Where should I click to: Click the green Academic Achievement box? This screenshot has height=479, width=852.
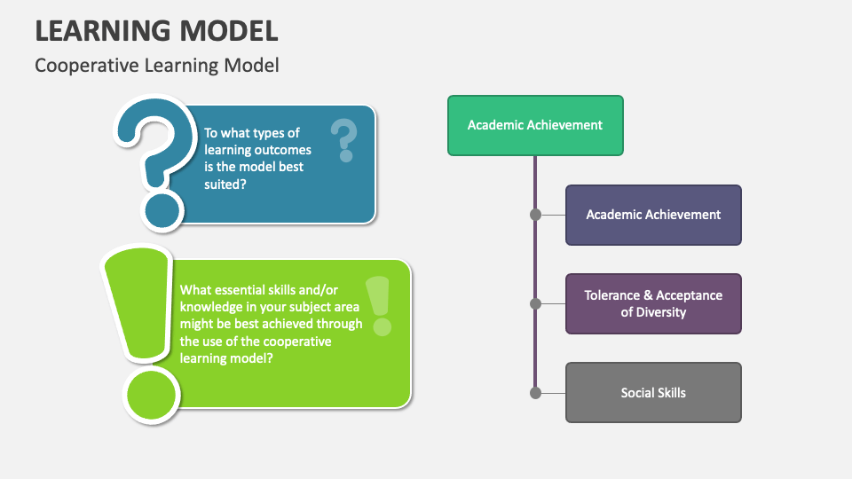(x=535, y=125)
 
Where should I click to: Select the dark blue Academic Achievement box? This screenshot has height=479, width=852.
(x=653, y=215)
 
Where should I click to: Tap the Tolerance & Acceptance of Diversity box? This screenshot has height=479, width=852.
(x=653, y=303)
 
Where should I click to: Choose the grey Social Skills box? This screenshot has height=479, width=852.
(x=653, y=393)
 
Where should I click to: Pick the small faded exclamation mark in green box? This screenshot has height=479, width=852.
(x=379, y=305)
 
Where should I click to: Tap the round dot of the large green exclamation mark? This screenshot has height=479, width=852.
(x=151, y=394)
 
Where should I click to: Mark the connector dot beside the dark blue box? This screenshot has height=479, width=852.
(x=535, y=215)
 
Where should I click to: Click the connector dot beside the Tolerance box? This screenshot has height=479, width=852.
(x=535, y=303)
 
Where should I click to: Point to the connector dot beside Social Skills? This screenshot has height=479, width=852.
(x=535, y=392)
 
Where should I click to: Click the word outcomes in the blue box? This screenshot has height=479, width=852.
(x=284, y=150)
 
